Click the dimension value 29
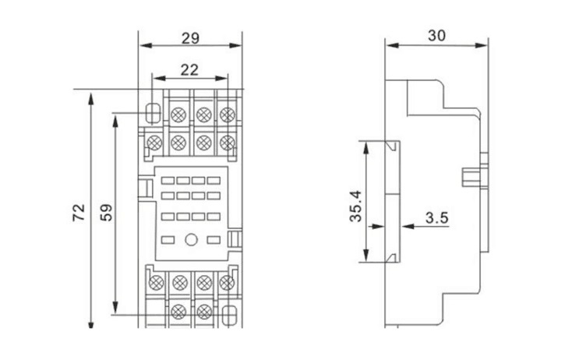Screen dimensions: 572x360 click(190, 38)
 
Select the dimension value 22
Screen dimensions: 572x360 click(189, 70)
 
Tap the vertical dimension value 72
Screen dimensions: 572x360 click(79, 212)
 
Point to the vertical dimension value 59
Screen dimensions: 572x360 click(107, 212)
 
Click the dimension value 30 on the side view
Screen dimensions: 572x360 click(436, 36)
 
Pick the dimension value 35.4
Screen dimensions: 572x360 click(355, 206)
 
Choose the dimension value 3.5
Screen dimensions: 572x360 click(436, 218)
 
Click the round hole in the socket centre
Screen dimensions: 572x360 click(191, 240)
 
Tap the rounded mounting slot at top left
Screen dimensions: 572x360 click(154, 113)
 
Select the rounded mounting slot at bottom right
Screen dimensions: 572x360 click(229, 315)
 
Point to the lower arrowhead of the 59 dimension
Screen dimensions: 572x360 click(115, 308)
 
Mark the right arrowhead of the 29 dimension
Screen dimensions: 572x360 click(235, 46)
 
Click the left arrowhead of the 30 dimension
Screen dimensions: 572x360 click(392, 46)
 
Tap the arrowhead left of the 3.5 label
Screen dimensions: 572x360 click(408, 227)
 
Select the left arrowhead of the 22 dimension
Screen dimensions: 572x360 click(159, 79)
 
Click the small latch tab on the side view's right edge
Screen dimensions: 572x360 click(471, 177)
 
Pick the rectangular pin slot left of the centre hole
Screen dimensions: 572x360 click(168, 240)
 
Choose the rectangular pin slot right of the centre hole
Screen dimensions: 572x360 click(214, 240)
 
